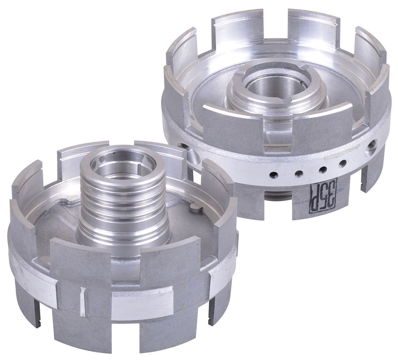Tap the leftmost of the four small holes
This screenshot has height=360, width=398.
(x=274, y=175)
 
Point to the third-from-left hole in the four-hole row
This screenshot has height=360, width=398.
(x=323, y=169)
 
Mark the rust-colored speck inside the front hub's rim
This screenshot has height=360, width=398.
(x=115, y=153)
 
